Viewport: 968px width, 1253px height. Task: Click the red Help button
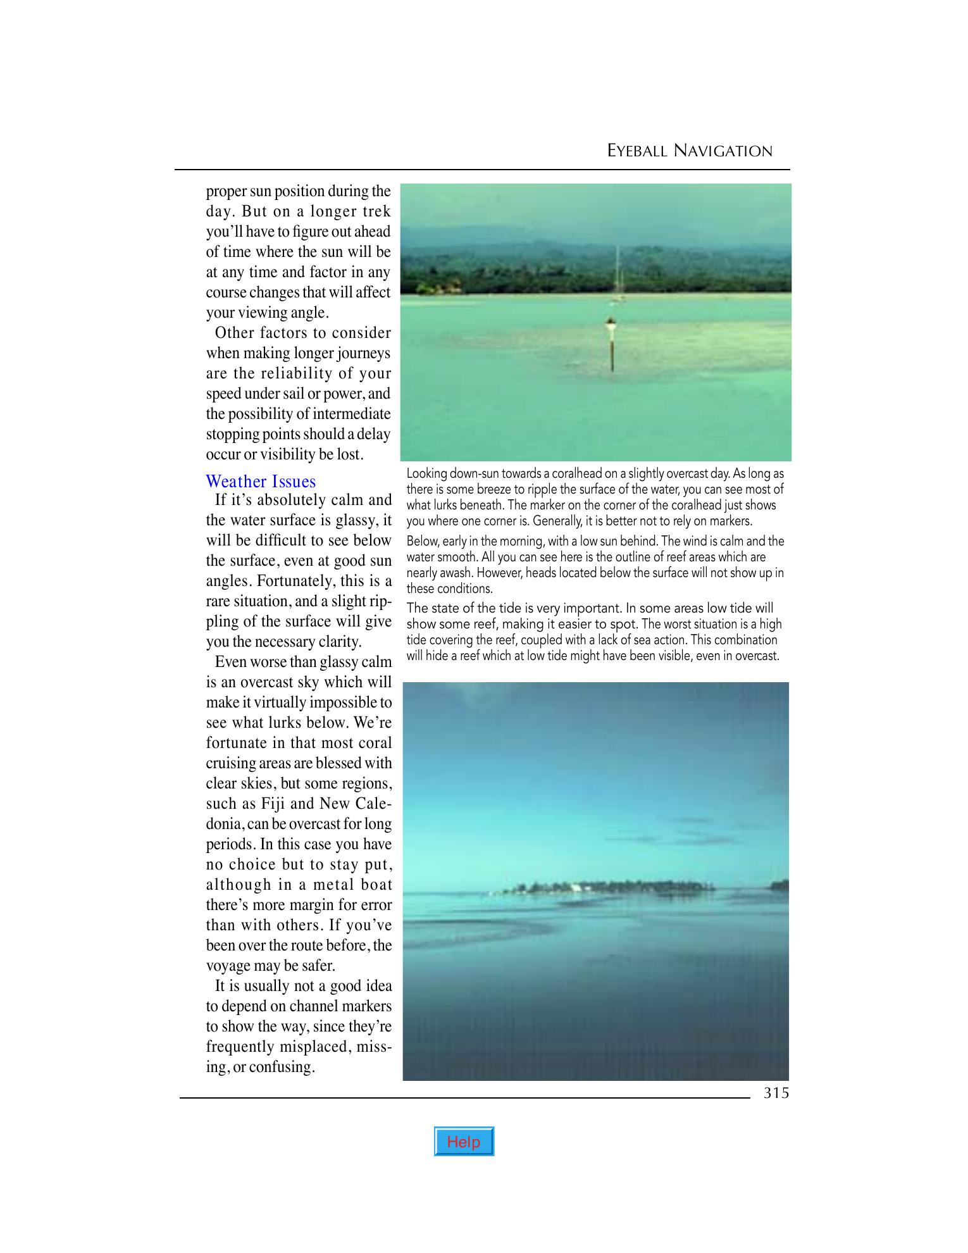coord(464,1142)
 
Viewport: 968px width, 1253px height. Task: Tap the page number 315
coord(776,1093)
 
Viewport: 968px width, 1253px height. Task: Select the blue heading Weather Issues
coord(261,482)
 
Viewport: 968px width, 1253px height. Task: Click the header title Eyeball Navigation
coord(690,151)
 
